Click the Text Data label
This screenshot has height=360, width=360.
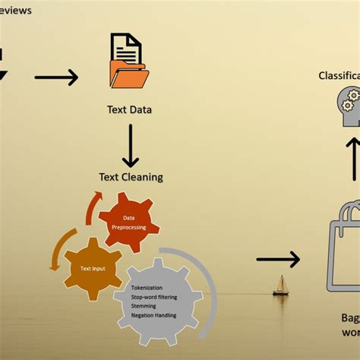[x=129, y=109]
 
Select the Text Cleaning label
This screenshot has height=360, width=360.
[x=131, y=177]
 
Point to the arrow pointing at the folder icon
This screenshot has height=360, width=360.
[x=56, y=77]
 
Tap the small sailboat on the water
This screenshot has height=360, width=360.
[x=280, y=286]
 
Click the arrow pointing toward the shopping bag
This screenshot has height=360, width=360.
[x=277, y=260]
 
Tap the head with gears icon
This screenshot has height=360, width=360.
[x=347, y=106]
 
